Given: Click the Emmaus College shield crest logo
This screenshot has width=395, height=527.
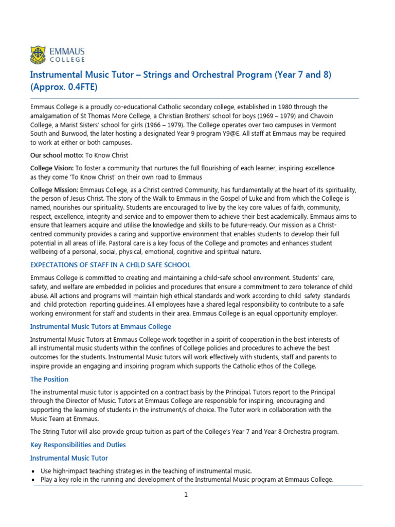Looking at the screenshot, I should [38, 54].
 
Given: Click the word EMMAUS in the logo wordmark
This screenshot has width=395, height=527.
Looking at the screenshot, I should [67, 51].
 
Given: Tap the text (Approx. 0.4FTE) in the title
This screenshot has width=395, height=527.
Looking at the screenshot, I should [63, 86].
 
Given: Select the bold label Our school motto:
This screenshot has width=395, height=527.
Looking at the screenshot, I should [53, 155].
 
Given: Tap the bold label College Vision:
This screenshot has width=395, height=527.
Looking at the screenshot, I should [52, 168].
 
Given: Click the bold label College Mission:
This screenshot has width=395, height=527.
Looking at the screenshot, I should [55, 190].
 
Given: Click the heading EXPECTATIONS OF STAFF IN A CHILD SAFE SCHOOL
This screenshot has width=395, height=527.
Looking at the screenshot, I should [110, 265].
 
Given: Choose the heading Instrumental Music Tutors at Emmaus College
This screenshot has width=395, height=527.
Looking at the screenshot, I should [101, 327].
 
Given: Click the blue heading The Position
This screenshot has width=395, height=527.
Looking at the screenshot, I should [49, 379].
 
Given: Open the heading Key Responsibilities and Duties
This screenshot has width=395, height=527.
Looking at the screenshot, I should [78, 445].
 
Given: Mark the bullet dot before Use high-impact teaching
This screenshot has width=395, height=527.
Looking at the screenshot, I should [33, 471].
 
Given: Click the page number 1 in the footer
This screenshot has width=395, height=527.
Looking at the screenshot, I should [187, 495].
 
